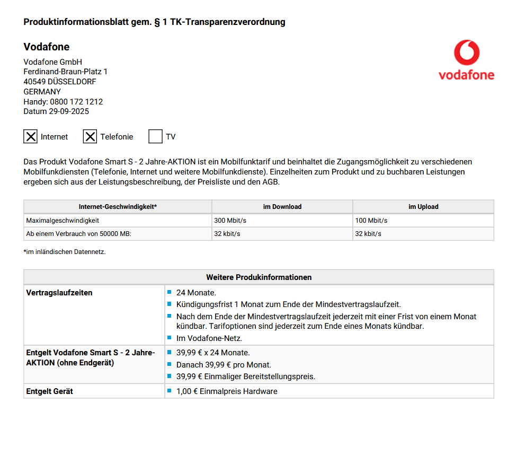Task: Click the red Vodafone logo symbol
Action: pos(467,53)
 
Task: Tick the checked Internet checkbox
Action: pos(31,137)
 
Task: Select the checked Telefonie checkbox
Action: pos(90,137)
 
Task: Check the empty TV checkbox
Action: pos(155,137)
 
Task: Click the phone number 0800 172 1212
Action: pos(76,102)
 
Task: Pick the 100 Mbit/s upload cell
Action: pos(371,220)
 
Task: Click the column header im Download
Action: pos(282,207)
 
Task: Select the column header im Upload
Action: pos(423,207)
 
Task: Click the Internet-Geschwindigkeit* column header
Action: pos(118,207)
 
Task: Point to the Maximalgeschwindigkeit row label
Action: pos(63,220)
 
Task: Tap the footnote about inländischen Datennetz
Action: pos(65,252)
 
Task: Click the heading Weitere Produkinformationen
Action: pos(258,277)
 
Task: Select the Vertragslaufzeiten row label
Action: pos(59,293)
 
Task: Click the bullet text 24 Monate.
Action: pos(196,293)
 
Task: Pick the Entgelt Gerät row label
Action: pos(50,391)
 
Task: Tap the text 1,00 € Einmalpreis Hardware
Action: pos(227,391)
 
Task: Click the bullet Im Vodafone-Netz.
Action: pos(209,338)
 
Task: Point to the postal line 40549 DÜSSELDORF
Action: pos(60,82)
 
